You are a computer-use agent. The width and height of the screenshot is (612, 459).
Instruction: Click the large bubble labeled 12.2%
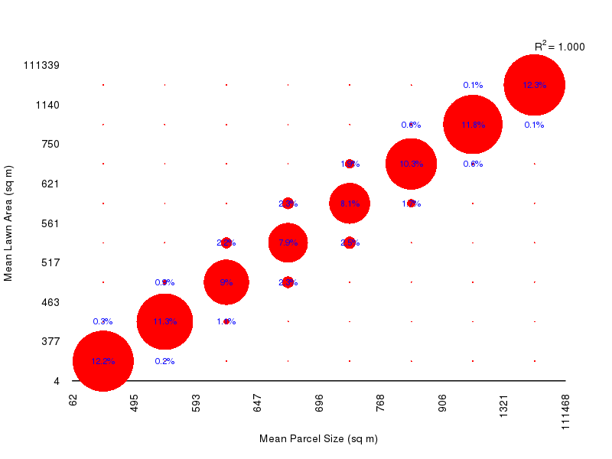click(x=103, y=361)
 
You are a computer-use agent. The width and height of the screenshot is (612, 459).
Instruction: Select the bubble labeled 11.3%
click(x=164, y=321)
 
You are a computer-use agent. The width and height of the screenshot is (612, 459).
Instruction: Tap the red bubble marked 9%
click(x=226, y=282)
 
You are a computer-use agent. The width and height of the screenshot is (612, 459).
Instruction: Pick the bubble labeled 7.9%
click(x=288, y=243)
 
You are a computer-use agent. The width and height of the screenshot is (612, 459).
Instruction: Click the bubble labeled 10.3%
click(x=411, y=164)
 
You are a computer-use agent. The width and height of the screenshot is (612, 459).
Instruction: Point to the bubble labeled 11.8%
click(x=473, y=125)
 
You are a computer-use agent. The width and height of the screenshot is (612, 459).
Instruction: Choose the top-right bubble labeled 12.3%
click(x=534, y=86)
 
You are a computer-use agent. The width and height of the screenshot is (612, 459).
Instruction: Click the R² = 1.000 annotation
click(x=559, y=47)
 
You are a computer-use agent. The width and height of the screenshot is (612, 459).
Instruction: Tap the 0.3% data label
click(x=103, y=321)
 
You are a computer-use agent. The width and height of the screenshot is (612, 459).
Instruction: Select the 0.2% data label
click(x=164, y=361)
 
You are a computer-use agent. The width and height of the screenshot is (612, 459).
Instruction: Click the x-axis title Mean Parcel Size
click(x=318, y=438)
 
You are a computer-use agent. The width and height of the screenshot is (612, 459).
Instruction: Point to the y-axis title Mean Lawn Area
click(x=9, y=223)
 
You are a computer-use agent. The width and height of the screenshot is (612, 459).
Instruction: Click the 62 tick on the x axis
click(x=73, y=399)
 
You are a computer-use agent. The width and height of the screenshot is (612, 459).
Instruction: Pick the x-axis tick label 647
click(x=257, y=402)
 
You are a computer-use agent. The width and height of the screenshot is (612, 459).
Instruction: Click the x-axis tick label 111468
click(x=565, y=413)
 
